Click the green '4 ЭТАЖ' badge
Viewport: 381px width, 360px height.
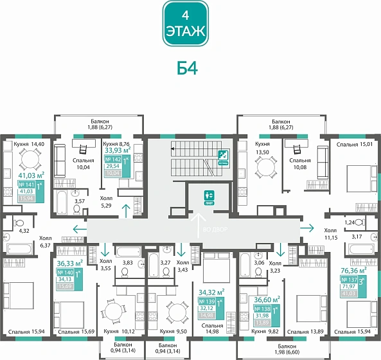185,24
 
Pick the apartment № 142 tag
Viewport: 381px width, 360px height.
117,167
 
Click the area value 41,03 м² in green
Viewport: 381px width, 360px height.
30,174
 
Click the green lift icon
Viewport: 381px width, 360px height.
208,197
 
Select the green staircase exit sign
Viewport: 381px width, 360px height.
223,155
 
